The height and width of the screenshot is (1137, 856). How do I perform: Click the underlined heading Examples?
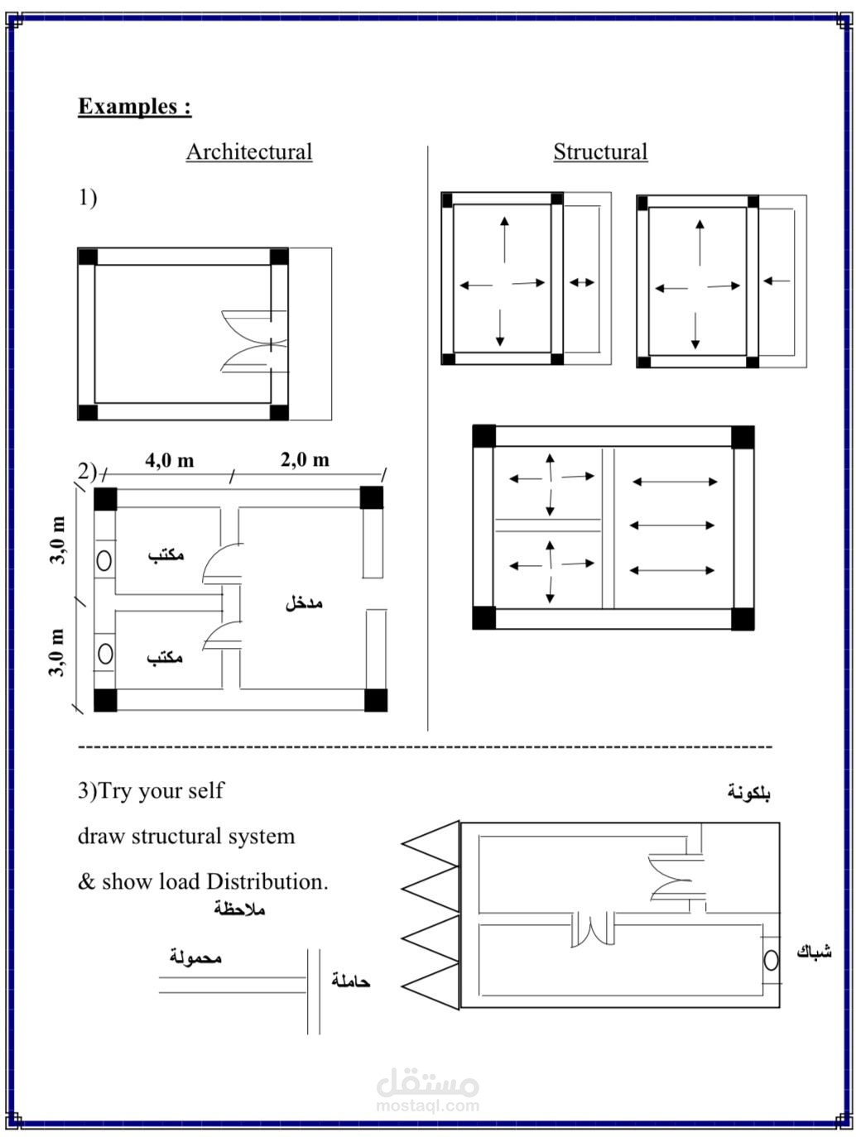coord(135,107)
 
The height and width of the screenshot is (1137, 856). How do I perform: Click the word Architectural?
coord(249,151)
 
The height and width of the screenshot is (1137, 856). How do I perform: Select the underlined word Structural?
coord(600,151)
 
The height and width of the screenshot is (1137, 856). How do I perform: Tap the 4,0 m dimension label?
coord(170,460)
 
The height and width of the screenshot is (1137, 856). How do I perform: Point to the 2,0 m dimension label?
coord(305,459)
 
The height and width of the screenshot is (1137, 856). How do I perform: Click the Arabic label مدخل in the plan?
coord(304,603)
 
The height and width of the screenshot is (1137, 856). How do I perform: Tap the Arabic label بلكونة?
coord(748,793)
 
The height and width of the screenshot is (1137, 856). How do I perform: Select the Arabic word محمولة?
coord(196,957)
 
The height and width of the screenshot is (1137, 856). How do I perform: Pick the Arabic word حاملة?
coord(351,981)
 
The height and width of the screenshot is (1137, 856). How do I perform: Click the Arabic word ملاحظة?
coord(239,909)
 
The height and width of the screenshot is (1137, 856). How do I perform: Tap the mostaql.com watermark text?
coord(427,1106)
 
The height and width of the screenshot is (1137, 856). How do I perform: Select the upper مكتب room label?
coord(166,555)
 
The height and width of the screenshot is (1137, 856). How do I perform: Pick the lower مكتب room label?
coord(165,658)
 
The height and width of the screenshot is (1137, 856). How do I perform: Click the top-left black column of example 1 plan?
coord(87,257)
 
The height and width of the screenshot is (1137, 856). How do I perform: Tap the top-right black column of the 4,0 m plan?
coord(372,497)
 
